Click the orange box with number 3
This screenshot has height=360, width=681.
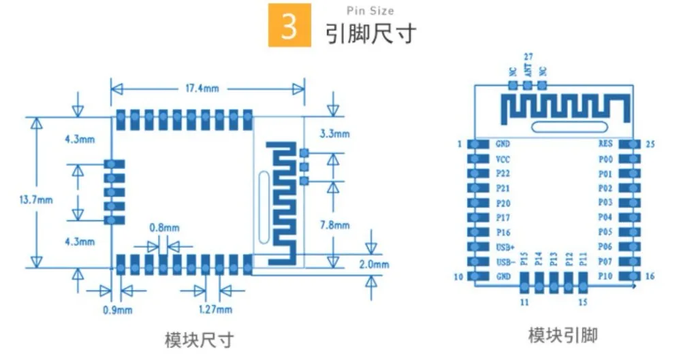289,25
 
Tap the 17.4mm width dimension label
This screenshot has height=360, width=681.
202,88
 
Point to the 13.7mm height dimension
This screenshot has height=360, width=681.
36,200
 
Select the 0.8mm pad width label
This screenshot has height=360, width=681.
164,228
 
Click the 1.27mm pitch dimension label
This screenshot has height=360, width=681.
215,310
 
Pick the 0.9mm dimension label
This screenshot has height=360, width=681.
117,310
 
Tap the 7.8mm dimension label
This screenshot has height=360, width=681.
335,225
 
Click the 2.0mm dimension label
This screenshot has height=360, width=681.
374,265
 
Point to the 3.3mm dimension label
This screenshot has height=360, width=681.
334,134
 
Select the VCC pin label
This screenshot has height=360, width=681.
503,159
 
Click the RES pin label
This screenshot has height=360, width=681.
605,144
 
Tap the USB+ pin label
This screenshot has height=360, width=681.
505,247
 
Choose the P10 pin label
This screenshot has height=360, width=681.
605,276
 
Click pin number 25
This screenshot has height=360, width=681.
650,144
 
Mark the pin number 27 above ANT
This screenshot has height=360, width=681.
528,56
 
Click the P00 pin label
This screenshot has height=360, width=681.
605,159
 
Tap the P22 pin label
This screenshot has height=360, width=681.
503,174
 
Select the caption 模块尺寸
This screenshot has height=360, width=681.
200,340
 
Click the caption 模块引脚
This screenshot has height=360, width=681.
563,336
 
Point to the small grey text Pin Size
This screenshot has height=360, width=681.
370,11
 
